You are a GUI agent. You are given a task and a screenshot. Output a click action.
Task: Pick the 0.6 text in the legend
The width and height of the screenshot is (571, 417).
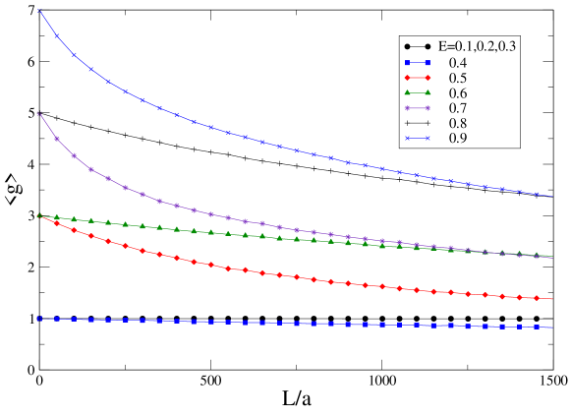click(x=458, y=93)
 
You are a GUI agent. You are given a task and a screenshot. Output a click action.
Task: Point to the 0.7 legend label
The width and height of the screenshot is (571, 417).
click(x=458, y=108)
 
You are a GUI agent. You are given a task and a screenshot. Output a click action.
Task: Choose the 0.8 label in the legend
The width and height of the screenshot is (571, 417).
click(x=458, y=124)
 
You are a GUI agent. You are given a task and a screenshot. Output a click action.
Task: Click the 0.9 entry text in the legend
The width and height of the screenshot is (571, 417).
click(x=458, y=139)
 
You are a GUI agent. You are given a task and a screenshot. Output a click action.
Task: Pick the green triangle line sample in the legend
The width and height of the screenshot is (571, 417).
click(x=418, y=93)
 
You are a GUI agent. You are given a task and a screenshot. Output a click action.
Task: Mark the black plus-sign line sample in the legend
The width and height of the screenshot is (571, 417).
click(x=418, y=124)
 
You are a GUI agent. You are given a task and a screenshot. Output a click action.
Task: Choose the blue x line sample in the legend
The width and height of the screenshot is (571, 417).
click(x=418, y=139)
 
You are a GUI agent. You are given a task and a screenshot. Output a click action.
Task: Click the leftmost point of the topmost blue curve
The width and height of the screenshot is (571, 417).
click(x=39, y=10)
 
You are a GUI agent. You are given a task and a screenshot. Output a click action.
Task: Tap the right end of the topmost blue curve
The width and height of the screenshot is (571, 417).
click(x=552, y=196)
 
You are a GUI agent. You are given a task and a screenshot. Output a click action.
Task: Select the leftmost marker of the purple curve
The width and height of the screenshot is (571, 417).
click(x=39, y=113)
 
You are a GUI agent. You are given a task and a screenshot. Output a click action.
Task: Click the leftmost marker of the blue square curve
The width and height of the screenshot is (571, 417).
click(x=39, y=319)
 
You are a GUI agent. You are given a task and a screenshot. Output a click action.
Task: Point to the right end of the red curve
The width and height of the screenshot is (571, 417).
click(x=552, y=299)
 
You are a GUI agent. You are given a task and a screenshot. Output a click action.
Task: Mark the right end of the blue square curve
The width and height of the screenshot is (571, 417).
click(x=552, y=328)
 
